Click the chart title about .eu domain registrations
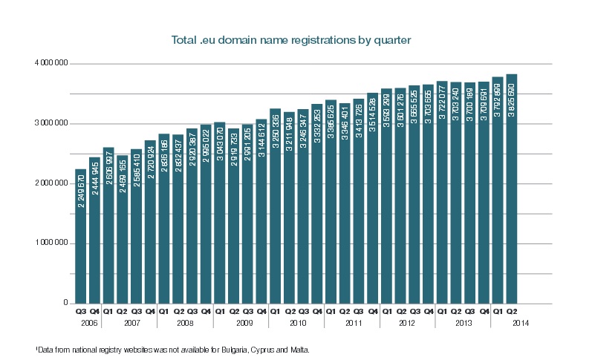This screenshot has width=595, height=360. coord(297,36)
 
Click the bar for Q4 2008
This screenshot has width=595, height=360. coord(206,223)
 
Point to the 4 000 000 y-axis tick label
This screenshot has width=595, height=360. coord(51,64)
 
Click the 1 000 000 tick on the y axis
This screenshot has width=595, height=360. coord(51,243)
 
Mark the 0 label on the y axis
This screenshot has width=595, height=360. coord(65,304)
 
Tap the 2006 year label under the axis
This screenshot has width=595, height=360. coord(88,323)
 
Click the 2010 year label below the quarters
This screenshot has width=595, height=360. coord(297,323)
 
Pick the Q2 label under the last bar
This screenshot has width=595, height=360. coord(511,312)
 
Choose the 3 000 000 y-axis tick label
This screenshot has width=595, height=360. coord(51,124)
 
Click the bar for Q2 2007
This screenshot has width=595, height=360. coord(123,245)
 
